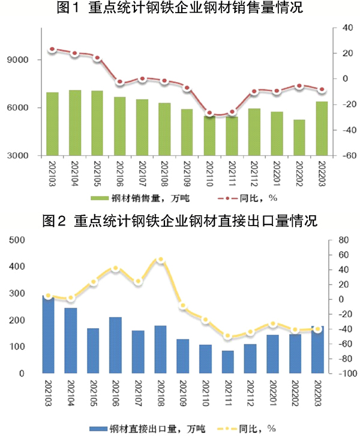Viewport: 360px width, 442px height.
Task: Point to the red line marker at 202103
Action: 52,49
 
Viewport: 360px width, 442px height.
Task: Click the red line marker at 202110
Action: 210,113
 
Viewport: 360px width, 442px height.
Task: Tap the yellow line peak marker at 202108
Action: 160,260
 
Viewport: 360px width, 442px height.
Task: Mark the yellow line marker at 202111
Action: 227,336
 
